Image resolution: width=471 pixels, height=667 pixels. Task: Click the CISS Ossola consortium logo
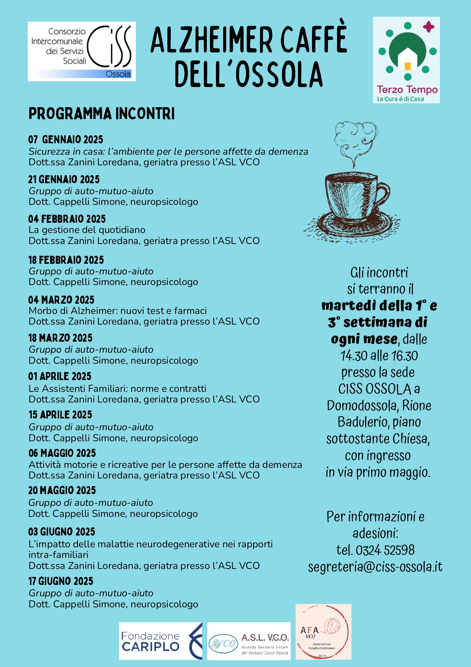click(82, 51)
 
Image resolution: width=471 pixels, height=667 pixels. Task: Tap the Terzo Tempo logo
click(406, 60)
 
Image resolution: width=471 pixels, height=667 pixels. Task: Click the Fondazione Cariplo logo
click(161, 641)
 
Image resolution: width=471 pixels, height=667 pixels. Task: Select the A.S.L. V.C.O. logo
click(249, 641)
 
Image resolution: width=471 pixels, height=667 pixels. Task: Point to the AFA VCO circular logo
click(323, 632)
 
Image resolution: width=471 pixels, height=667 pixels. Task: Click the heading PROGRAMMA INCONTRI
click(102, 114)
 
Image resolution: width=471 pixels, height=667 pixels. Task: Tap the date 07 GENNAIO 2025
click(66, 139)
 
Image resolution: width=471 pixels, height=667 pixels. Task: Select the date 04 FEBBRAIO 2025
click(67, 219)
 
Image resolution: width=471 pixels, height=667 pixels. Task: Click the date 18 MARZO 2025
click(60, 338)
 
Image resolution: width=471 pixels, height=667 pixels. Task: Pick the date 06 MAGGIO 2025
click(62, 453)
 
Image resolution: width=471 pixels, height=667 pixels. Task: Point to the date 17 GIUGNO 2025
click(61, 581)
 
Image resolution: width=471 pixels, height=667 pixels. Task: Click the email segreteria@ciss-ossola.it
click(375, 567)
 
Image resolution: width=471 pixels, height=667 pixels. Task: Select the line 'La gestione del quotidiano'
click(87, 230)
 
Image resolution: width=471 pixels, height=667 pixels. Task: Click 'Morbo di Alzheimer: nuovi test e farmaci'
click(118, 311)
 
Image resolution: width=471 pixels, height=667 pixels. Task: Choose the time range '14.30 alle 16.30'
click(379, 356)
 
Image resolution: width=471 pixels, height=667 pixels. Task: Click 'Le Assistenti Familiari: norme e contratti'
click(118, 388)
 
